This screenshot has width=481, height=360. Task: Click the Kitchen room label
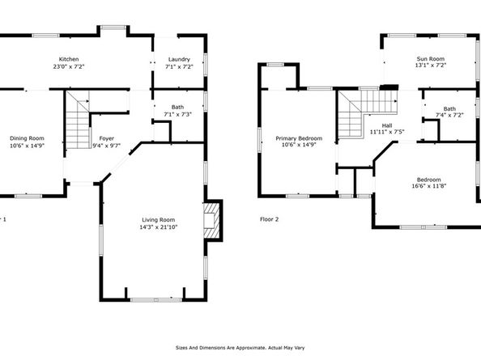click(68, 59)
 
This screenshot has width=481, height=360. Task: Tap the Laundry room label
click(178, 59)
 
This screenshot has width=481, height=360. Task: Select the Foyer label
click(106, 138)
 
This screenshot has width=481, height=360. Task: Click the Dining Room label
click(27, 138)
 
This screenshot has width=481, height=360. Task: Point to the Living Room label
click(157, 220)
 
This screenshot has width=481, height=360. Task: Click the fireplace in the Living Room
click(211, 220)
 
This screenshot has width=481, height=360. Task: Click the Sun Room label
click(430, 58)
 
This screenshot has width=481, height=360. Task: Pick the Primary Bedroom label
click(299, 138)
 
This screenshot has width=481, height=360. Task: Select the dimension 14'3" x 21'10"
click(157, 227)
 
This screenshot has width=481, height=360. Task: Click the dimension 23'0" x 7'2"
click(68, 66)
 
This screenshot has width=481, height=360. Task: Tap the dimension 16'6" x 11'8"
click(428, 187)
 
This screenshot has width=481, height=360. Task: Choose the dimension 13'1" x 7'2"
click(430, 66)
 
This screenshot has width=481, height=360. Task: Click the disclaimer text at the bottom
click(240, 348)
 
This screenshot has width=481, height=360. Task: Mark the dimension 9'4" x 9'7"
click(106, 146)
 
